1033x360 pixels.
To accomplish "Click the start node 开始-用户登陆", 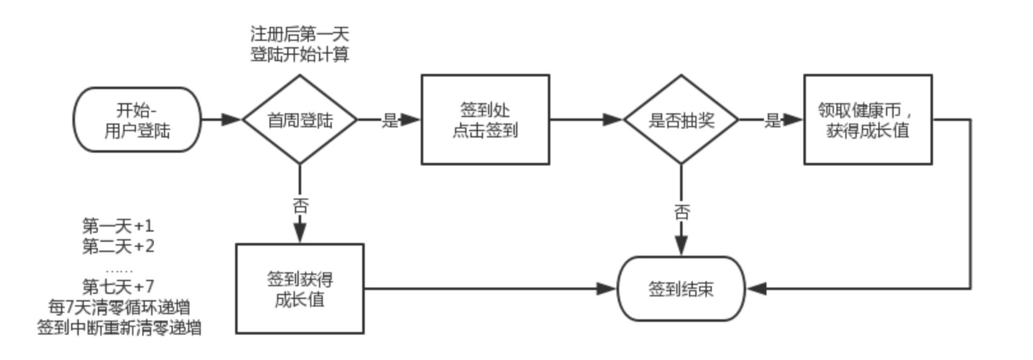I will [x=137, y=120].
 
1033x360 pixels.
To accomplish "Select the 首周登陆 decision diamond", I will [x=300, y=120].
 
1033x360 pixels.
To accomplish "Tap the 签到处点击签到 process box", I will [x=485, y=120].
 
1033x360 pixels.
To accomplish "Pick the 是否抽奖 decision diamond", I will [x=681, y=120].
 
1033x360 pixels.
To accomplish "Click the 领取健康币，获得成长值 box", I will [x=868, y=120].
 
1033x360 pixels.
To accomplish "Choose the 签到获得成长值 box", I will [x=300, y=289].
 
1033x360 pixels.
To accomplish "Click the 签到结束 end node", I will [x=681, y=289].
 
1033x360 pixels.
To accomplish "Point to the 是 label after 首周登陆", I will [x=390, y=120].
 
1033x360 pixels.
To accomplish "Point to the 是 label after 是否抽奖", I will [x=772, y=120].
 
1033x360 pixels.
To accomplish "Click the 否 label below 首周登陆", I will [x=300, y=206].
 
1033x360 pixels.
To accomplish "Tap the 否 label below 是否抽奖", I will [x=681, y=212].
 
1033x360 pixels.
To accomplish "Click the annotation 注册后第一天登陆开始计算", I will [x=300, y=44].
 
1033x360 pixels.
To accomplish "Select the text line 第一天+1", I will [x=118, y=226].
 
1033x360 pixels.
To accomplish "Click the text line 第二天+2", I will [x=118, y=246].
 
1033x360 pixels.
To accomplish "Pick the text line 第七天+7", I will [x=118, y=286].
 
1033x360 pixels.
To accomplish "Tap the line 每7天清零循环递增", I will [x=119, y=307].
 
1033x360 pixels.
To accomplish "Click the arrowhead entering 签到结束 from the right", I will [x=757, y=289].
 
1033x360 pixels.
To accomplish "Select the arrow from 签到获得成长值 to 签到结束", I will [x=485, y=289].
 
